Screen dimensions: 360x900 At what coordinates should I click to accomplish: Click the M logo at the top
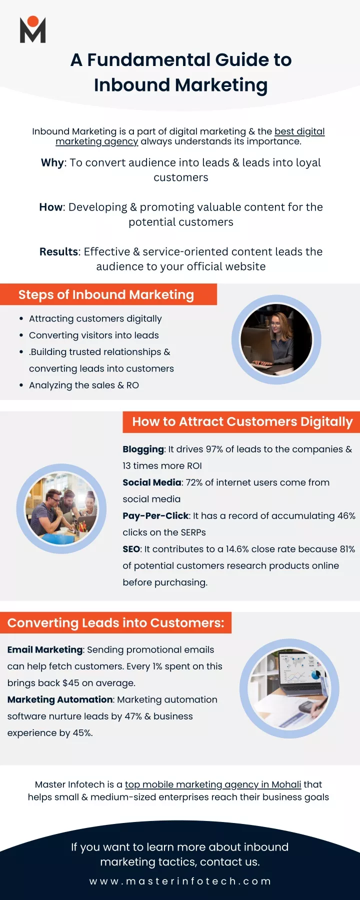[33, 29]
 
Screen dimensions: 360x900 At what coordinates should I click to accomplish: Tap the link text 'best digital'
[299, 131]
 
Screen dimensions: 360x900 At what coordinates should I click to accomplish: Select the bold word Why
[52, 163]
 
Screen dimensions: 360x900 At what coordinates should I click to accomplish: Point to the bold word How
[51, 207]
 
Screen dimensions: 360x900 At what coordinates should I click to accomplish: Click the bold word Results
[59, 252]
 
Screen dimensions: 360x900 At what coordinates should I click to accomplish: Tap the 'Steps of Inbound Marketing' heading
[106, 294]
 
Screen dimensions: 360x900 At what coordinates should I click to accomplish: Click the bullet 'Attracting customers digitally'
[95, 318]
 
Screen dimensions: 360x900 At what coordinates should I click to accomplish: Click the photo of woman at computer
[276, 339]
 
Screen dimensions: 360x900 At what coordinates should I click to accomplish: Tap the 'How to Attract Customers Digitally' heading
[242, 421]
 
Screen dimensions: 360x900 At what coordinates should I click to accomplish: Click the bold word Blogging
[143, 449]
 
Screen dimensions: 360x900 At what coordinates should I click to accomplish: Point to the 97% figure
[214, 449]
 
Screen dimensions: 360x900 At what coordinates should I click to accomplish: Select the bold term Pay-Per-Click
[155, 516]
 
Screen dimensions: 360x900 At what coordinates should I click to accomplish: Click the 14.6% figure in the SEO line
[237, 549]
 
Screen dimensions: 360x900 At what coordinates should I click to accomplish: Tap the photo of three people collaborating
[61, 509]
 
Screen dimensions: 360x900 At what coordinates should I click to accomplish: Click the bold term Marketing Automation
[60, 699]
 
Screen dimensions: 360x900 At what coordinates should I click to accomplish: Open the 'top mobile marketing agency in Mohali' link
[213, 784]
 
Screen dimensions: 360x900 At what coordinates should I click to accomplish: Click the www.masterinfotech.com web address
[180, 881]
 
